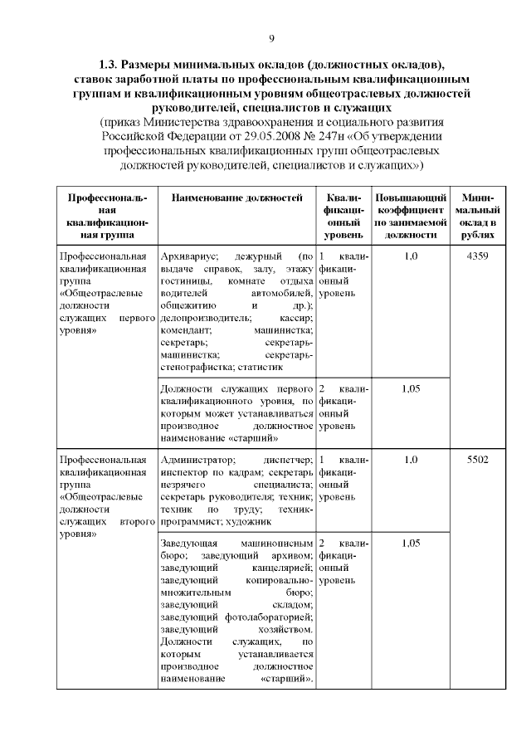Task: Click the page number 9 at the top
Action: tap(270, 38)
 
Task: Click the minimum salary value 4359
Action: tap(478, 256)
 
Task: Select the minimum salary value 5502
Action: tap(478, 459)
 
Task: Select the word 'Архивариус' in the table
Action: tap(189, 256)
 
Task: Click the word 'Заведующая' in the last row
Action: tap(188, 543)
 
